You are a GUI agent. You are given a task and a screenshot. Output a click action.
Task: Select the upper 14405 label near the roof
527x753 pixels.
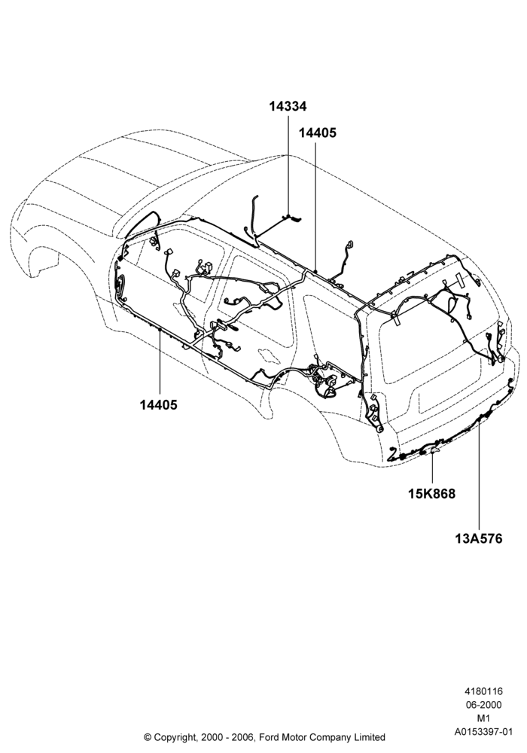pos(317,133)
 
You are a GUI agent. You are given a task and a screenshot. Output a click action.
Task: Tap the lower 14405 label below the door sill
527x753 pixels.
pos(158,405)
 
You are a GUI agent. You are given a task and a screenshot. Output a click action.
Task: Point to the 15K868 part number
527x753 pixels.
pos(431,493)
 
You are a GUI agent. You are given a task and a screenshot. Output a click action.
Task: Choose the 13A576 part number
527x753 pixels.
pos(479,538)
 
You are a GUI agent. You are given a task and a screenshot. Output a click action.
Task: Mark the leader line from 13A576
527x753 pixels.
pos(479,474)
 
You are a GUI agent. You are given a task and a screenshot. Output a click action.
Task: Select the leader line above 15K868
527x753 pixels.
pos(432,468)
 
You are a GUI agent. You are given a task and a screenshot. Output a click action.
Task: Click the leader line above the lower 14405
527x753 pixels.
pos(159,364)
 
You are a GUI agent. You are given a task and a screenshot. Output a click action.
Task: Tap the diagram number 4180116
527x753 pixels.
pos(483,691)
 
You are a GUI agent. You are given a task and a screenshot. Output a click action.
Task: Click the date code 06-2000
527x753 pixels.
pos(483,705)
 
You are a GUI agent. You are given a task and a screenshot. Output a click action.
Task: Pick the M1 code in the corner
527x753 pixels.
pos(483,718)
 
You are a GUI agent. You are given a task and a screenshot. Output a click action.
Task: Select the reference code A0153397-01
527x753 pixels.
pos(483,732)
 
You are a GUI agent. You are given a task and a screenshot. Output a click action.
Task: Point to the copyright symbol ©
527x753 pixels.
pos(148,736)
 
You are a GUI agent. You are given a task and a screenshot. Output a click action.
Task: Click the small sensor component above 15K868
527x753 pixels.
pos(434,450)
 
